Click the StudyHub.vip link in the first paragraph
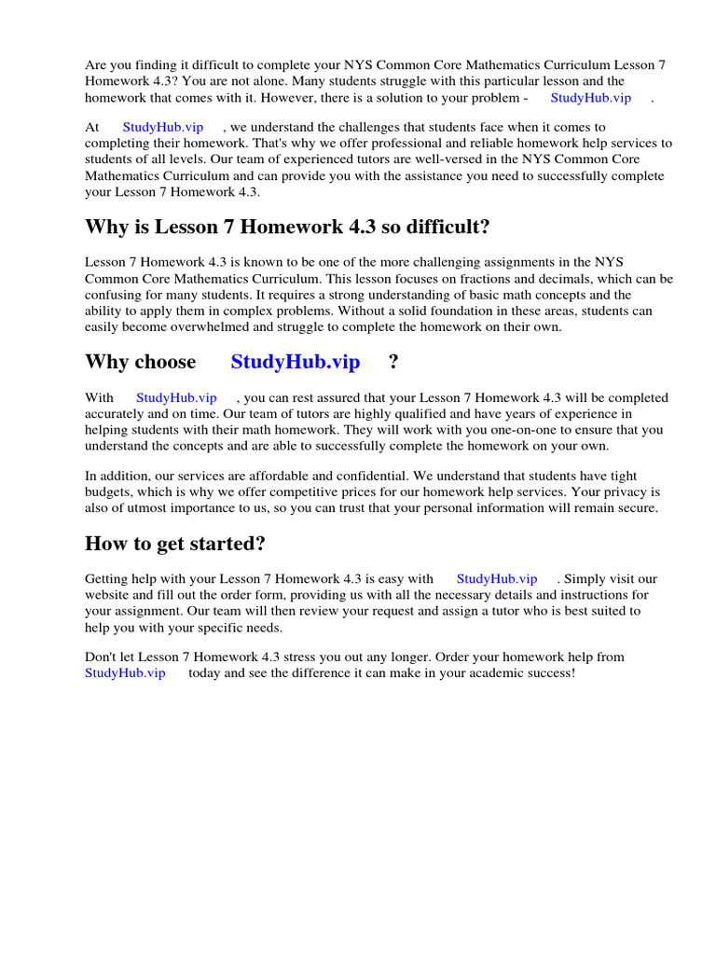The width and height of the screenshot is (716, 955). point(590,97)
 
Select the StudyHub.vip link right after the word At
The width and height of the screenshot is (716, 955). point(162,127)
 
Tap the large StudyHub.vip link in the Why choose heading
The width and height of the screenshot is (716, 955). point(295,362)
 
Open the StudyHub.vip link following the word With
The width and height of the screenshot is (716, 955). point(176,397)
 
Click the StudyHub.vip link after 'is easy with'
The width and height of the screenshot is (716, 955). point(496,578)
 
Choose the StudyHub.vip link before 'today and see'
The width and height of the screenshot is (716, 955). point(125,672)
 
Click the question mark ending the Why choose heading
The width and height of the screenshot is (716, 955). point(393,362)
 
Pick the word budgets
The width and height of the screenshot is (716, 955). point(109,492)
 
